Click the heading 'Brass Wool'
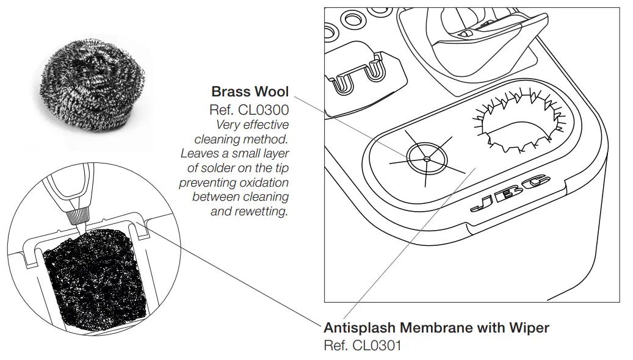250,92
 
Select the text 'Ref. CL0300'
249,110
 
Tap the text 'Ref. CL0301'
363,345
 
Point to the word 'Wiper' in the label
530,328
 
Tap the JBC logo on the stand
511,193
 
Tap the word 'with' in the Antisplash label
491,328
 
